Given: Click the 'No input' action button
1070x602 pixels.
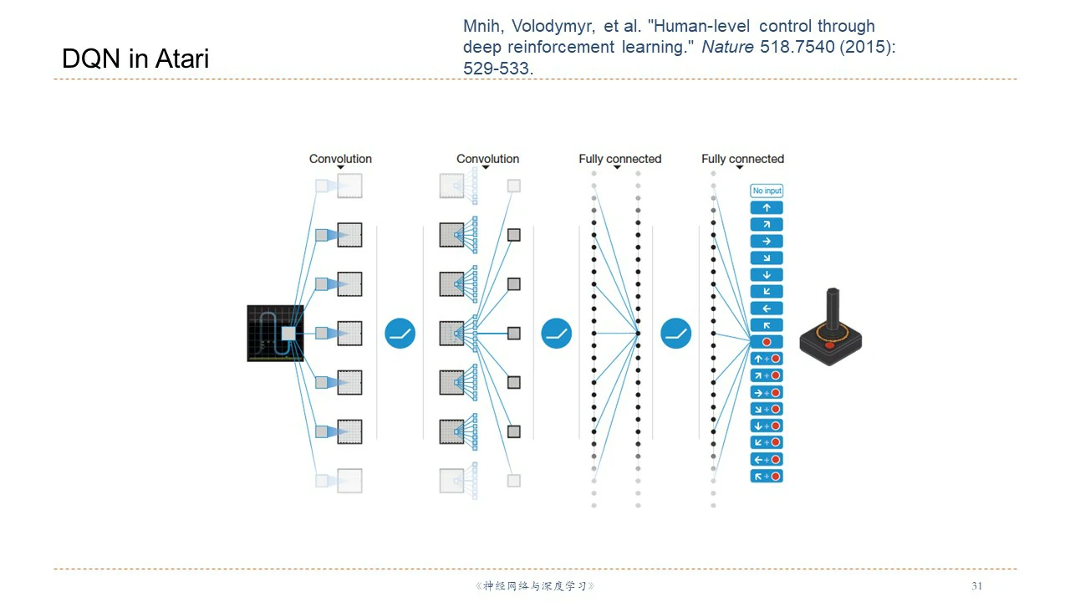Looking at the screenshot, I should click(767, 191).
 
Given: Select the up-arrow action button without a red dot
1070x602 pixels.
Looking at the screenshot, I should click(767, 207).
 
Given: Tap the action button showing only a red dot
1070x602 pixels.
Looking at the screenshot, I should click(767, 342).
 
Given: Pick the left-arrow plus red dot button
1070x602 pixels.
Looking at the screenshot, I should click(767, 459).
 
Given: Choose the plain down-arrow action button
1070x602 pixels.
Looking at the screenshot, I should click(767, 274).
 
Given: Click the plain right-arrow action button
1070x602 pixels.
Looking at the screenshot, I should click(767, 241).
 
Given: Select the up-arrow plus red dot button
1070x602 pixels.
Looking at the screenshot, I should click(767, 359).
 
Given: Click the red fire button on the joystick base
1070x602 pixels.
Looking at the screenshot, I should click(829, 344).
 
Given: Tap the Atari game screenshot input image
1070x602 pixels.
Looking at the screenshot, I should click(275, 333).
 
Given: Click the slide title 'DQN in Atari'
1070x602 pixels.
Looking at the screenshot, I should click(135, 59).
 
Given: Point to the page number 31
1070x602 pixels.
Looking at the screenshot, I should click(977, 586).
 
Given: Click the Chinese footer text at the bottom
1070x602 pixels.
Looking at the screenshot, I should click(535, 586).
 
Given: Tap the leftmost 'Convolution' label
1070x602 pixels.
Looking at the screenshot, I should click(340, 159).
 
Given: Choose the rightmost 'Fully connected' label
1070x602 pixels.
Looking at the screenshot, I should click(742, 159).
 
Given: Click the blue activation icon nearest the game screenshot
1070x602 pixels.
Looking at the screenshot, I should click(400, 334).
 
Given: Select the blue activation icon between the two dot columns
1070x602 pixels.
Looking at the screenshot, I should click(676, 334).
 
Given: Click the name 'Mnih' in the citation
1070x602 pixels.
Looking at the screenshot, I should click(482, 27).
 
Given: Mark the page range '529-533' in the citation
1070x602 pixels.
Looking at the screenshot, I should click(497, 69).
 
